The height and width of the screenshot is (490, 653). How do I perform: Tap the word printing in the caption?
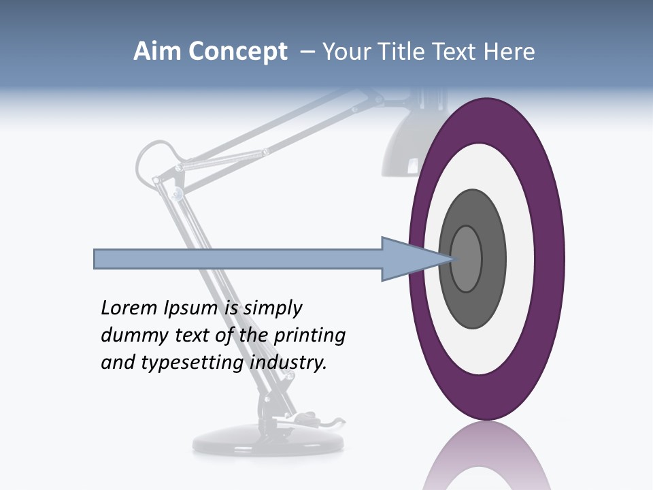(x=309, y=336)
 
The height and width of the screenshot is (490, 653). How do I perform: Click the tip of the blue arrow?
(x=453, y=259)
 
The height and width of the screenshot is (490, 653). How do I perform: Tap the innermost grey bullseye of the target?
(x=467, y=259)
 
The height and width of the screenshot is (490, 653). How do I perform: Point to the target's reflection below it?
(x=486, y=459)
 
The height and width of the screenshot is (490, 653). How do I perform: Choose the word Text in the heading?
(x=456, y=52)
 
